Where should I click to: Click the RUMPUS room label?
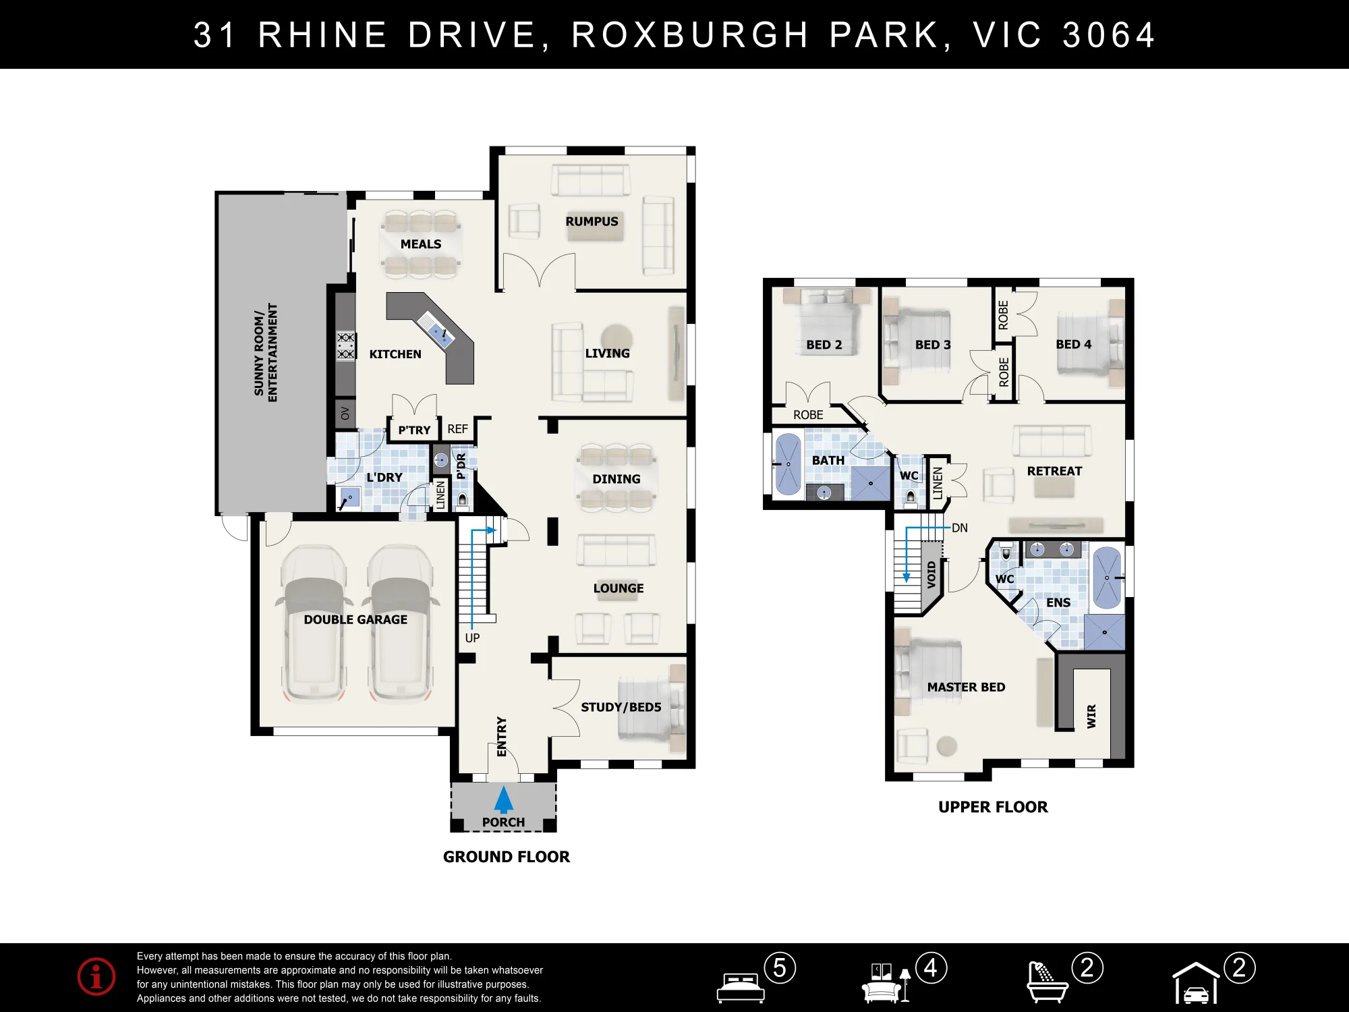592,221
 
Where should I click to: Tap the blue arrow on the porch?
503,799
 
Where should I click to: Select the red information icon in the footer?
96,976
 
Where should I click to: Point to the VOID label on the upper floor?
931,575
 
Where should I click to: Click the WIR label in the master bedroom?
1091,716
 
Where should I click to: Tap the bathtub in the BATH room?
788,464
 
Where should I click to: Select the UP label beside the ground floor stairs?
472,638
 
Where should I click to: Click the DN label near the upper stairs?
959,528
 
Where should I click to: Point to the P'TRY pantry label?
414,430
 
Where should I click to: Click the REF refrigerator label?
457,429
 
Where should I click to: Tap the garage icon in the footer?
1196,982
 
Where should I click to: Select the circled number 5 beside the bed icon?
780,968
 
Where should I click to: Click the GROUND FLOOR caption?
507,857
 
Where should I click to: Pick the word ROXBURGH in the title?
690,35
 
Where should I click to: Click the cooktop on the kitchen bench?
345,345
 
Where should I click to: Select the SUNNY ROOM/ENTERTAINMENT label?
266,352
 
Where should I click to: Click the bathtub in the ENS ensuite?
1106,578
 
